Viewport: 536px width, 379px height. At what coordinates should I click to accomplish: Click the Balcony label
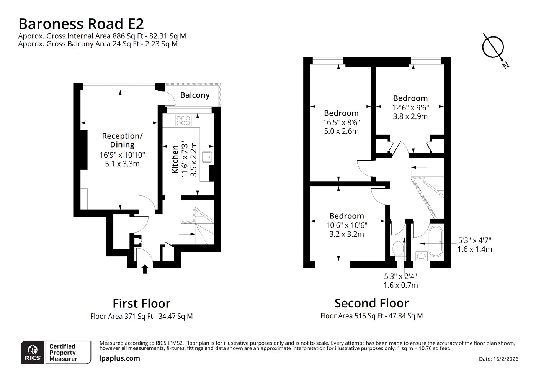(x=195, y=95)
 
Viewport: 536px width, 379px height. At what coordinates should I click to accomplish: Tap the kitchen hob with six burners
(x=183, y=121)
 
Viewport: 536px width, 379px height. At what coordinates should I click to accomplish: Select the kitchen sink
(x=207, y=157)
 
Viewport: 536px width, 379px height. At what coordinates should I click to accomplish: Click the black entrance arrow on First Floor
(x=145, y=269)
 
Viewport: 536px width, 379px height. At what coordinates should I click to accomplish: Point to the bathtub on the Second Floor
(x=436, y=241)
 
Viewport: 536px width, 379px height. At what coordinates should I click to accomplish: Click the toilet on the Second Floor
(x=398, y=248)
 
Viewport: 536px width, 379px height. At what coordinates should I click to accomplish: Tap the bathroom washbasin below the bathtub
(x=421, y=256)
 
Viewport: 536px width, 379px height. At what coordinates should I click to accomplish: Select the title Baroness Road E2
(x=81, y=24)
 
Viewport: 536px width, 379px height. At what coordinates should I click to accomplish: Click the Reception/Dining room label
(x=122, y=140)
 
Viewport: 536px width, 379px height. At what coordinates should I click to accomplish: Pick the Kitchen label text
(x=175, y=159)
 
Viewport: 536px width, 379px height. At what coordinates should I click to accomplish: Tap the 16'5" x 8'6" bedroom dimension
(x=342, y=122)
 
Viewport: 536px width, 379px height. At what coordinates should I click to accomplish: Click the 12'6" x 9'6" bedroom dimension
(x=410, y=108)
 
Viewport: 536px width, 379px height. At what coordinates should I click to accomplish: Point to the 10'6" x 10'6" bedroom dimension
(x=347, y=225)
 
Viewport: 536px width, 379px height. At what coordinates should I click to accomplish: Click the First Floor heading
(x=142, y=303)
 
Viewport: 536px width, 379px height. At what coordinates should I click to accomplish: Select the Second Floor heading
(x=372, y=303)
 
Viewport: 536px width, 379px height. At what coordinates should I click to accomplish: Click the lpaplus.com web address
(x=119, y=358)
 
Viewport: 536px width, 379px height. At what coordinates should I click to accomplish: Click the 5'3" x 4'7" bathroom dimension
(x=475, y=240)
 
